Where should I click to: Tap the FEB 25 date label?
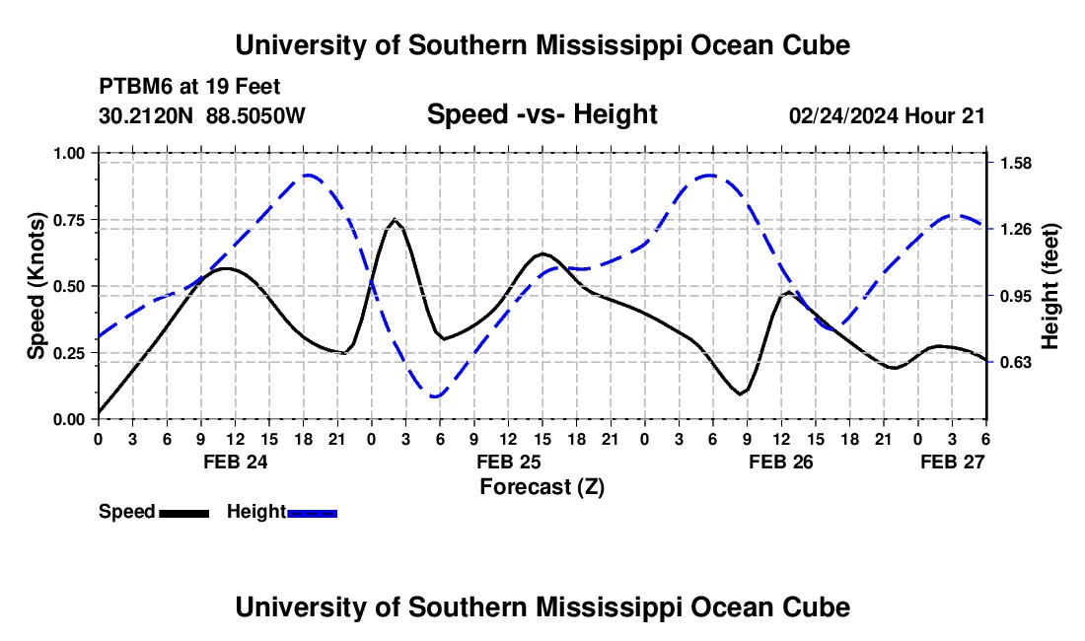pyautogui.click(x=508, y=462)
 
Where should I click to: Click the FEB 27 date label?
pyautogui.click(x=952, y=462)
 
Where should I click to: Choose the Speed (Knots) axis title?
pyautogui.click(x=36, y=286)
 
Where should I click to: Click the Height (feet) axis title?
pyautogui.click(x=1049, y=286)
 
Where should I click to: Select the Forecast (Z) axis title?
pyautogui.click(x=542, y=486)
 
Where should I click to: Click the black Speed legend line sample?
pyautogui.click(x=183, y=513)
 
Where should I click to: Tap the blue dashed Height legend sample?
pyautogui.click(x=312, y=513)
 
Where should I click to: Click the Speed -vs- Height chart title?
pyautogui.click(x=542, y=114)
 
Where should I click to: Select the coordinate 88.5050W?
pyautogui.click(x=256, y=115)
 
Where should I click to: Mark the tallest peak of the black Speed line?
pyautogui.click(x=395, y=220)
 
